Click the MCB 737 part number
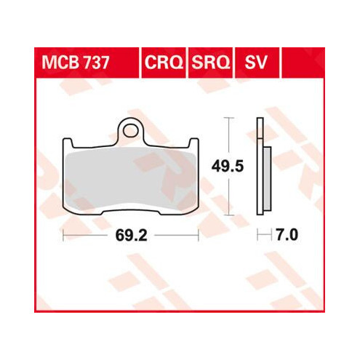[x=75, y=63]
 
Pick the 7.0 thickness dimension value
[x=287, y=235]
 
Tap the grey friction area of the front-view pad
[x=131, y=178]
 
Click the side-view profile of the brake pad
[x=260, y=167]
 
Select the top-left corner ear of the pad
[x=69, y=143]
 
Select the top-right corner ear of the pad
[x=193, y=143]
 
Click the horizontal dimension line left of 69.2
[x=87, y=235]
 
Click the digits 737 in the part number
[x=95, y=63]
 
